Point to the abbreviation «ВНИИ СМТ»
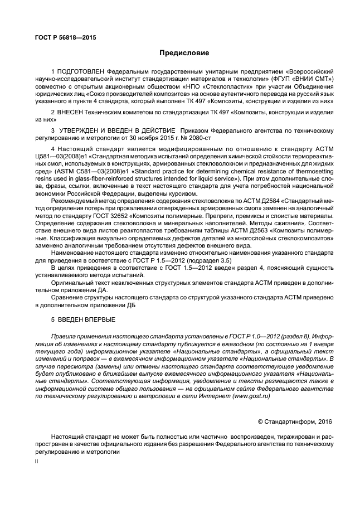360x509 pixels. click(x=301, y=80)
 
